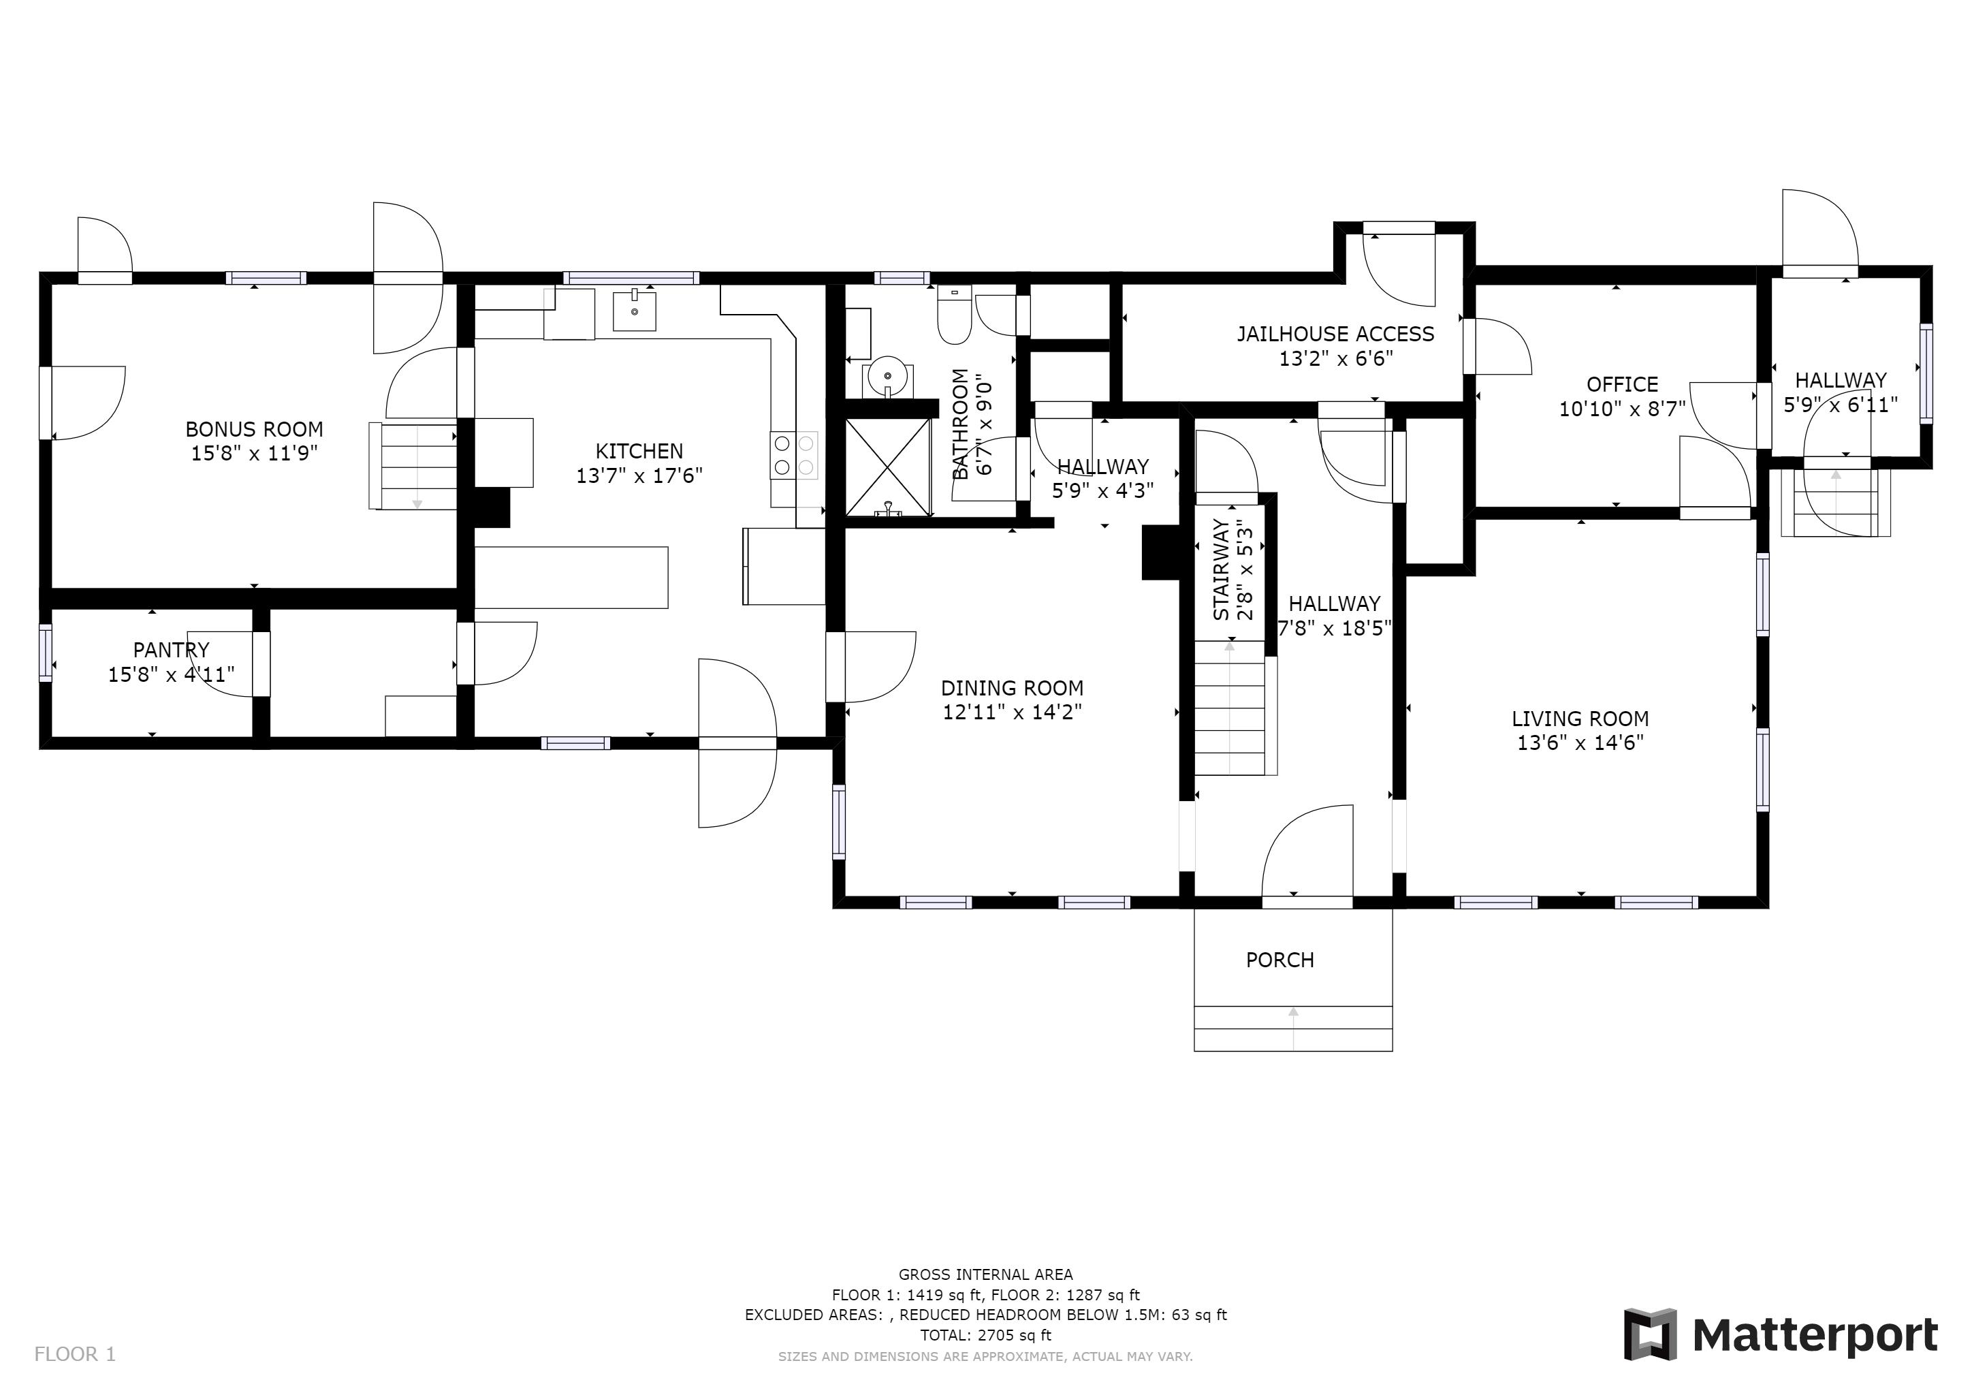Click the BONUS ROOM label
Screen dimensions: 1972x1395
click(x=254, y=430)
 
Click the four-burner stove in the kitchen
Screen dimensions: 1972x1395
click(x=793, y=455)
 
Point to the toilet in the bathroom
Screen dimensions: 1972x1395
click(x=953, y=315)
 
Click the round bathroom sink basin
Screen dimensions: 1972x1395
click(x=887, y=376)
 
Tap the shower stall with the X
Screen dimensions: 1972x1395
click(x=888, y=467)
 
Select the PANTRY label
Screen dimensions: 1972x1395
click(x=171, y=651)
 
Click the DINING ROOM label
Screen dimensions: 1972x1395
click(x=1012, y=688)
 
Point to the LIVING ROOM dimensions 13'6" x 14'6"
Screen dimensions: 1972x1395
click(x=1580, y=743)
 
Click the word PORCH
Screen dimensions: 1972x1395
click(x=1279, y=960)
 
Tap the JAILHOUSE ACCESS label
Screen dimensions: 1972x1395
click(x=1335, y=334)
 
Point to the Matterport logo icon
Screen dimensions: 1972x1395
click(x=1650, y=1334)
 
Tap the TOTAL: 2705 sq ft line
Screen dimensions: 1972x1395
click(x=985, y=1335)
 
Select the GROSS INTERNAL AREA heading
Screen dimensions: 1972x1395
click(x=985, y=1274)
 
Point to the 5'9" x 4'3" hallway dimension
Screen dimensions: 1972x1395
click(x=1103, y=491)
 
